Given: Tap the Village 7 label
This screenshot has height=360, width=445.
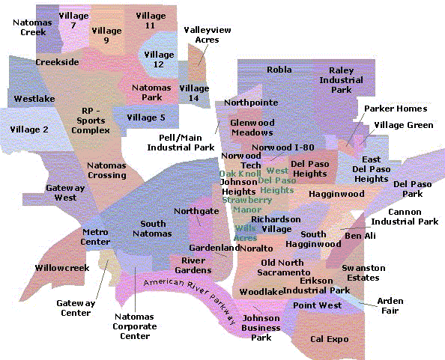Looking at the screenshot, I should click(73, 20).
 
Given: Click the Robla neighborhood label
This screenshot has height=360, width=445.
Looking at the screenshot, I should click(279, 70).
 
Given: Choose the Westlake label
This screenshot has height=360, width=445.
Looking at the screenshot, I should click(34, 98).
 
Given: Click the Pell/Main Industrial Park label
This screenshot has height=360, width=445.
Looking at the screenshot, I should click(181, 143).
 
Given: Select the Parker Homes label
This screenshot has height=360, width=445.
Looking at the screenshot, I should click(396, 109).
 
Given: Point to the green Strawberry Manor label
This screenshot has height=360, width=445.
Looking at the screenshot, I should click(246, 205).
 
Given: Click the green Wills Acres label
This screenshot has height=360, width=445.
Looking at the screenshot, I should click(245, 233).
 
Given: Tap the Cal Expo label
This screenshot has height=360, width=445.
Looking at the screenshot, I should click(330, 339).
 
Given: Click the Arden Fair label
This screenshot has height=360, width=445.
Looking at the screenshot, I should click(390, 305).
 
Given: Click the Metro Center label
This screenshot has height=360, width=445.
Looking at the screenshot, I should click(96, 237).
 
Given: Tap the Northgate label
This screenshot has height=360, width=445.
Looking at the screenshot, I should click(196, 211).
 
